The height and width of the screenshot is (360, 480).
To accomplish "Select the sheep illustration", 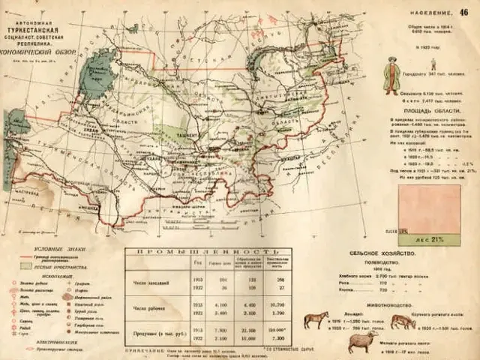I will (x=363, y=341).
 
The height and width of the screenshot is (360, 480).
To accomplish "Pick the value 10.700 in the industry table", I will (x=277, y=304).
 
